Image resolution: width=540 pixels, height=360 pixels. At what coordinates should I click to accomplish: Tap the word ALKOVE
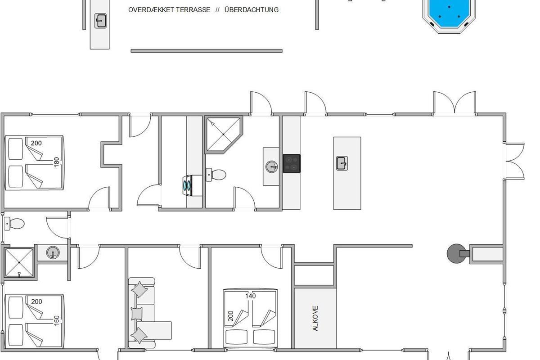click(315, 318)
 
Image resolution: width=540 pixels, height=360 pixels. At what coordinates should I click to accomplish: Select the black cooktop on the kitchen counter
click(292, 164)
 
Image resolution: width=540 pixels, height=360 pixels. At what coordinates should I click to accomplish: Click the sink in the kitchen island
click(342, 163)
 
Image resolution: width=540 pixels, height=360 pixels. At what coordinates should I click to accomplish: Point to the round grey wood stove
click(456, 253)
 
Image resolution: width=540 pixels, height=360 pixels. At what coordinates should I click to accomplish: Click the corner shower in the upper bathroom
click(224, 134)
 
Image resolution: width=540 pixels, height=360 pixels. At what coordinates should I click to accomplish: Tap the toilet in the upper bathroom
click(216, 175)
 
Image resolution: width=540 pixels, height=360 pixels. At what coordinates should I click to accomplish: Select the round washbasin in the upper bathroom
click(272, 166)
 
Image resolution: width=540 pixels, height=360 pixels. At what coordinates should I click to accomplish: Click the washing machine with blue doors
click(193, 185)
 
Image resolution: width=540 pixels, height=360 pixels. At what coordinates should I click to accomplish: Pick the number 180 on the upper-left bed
click(56, 162)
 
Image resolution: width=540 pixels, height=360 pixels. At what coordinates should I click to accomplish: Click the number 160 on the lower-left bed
click(56, 320)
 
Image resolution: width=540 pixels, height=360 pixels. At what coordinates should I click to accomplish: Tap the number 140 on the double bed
click(251, 296)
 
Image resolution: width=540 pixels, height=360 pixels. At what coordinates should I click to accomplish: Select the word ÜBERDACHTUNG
click(252, 9)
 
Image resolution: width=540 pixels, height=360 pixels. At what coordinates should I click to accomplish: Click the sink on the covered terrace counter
click(100, 21)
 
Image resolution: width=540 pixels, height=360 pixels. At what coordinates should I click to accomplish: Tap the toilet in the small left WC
click(14, 224)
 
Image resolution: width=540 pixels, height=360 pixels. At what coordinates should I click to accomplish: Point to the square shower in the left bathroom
click(19, 262)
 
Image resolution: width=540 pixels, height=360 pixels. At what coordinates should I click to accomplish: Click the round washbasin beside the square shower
click(53, 253)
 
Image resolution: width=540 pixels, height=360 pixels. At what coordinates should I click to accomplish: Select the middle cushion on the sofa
click(136, 314)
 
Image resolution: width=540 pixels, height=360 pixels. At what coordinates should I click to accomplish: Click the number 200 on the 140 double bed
click(231, 316)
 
